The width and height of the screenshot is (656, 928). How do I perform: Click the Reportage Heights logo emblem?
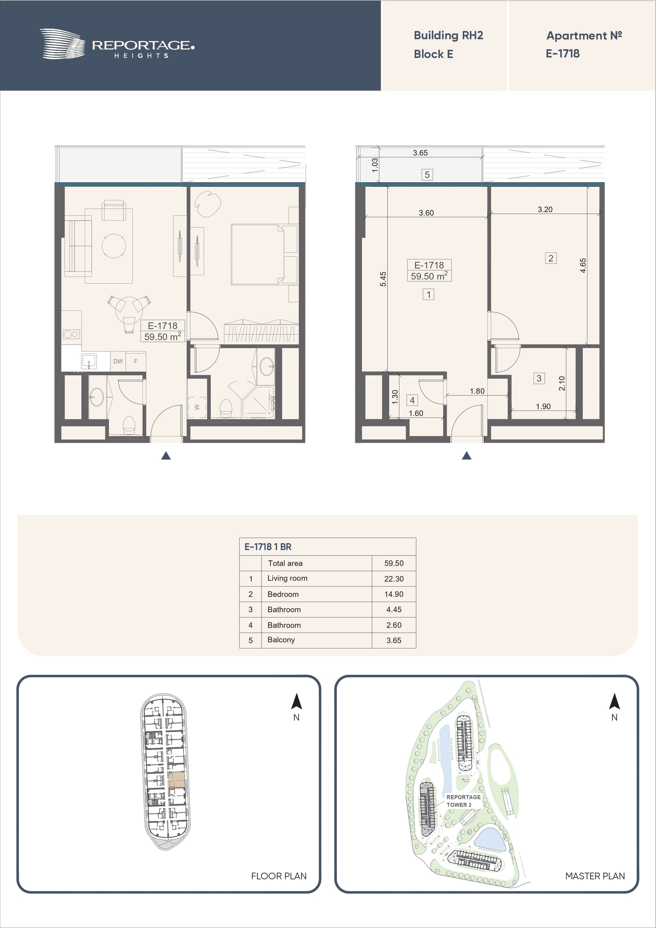click(62, 44)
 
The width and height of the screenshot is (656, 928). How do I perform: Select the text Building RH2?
click(448, 36)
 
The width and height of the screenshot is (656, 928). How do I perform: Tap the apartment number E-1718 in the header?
click(563, 53)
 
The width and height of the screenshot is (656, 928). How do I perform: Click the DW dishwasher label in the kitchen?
click(118, 361)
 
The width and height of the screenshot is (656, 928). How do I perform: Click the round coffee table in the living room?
click(113, 246)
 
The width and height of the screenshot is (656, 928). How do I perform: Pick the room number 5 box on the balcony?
click(427, 175)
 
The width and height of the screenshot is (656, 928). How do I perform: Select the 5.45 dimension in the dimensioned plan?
click(383, 279)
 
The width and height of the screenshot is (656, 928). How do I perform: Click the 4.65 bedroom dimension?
click(583, 265)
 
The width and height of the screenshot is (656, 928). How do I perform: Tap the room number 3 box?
click(539, 378)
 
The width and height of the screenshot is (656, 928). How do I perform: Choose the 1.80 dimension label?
click(477, 391)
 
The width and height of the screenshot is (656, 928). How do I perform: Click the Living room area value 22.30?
click(394, 579)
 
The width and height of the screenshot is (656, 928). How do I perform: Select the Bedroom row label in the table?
click(283, 594)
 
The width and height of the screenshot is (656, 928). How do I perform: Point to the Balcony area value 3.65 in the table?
click(394, 640)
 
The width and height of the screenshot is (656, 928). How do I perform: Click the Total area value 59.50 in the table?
click(394, 563)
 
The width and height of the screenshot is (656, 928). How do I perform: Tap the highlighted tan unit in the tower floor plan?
click(177, 779)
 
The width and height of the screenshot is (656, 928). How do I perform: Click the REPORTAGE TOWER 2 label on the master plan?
click(463, 801)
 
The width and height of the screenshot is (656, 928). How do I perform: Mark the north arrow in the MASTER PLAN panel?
click(614, 701)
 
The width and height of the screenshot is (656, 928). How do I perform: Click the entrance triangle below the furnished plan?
click(166, 455)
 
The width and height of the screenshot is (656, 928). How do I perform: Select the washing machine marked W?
click(197, 407)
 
